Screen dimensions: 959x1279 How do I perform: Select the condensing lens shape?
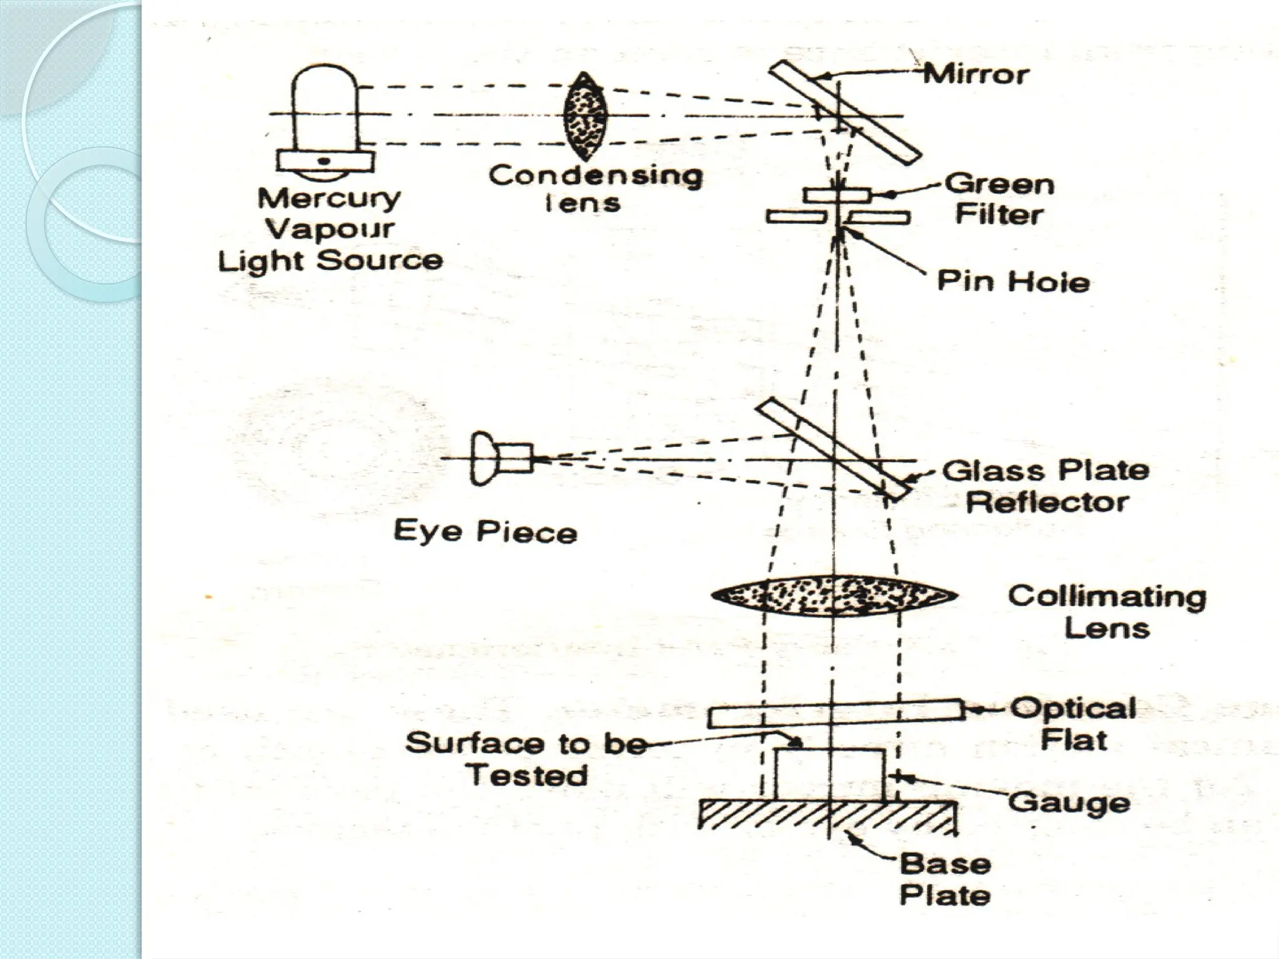tap(585, 116)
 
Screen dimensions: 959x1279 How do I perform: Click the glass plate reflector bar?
tap(832, 449)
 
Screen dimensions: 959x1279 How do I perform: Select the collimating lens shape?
tap(834, 595)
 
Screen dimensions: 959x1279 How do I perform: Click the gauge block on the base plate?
tap(829, 774)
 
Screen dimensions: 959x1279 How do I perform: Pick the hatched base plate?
tap(827, 814)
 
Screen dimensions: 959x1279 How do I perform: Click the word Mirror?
tap(975, 75)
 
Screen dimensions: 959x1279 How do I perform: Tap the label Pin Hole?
tap(1013, 282)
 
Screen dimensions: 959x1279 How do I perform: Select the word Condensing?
tap(595, 175)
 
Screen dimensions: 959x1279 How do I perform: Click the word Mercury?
tap(329, 199)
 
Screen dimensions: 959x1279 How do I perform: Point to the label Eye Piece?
tap(485, 532)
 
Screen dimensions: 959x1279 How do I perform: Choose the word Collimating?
tap(1107, 596)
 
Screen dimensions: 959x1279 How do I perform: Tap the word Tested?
tap(528, 775)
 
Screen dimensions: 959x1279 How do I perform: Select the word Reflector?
tap(1047, 502)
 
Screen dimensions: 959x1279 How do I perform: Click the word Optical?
tap(1073, 709)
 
